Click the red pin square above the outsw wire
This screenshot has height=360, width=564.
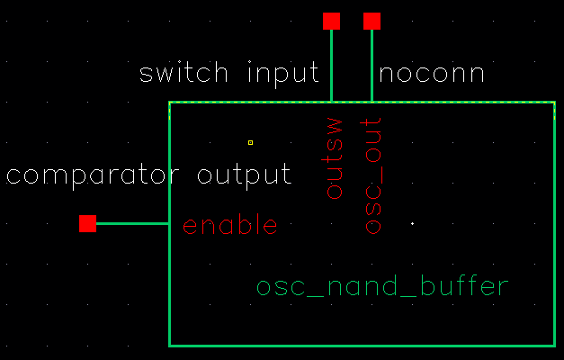point(331,21)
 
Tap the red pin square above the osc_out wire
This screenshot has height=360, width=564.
point(372,21)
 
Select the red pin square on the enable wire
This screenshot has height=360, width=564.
point(87,223)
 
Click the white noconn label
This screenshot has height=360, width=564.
point(432,73)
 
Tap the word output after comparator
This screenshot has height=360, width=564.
point(244,175)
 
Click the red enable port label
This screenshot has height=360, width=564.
point(230,225)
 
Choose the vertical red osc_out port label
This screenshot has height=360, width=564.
point(373,175)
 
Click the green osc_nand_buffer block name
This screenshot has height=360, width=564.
point(383,288)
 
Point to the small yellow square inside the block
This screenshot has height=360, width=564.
point(250,142)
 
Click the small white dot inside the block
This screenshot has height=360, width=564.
point(412,223)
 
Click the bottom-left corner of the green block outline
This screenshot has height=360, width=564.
point(170,345)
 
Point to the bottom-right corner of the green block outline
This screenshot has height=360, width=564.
point(553,345)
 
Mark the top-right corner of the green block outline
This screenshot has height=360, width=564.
point(553,103)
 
